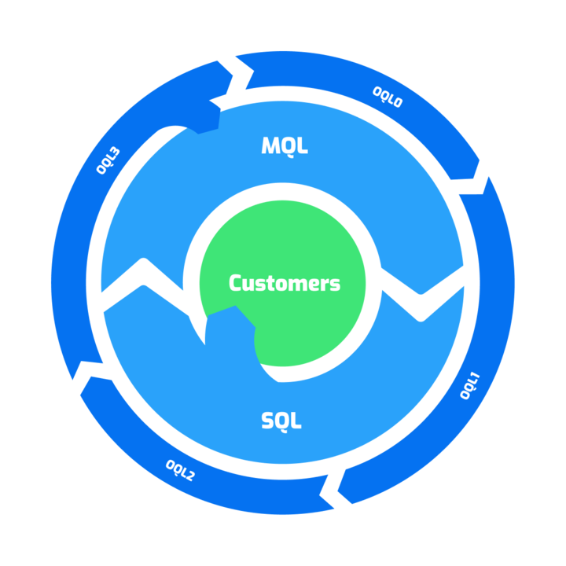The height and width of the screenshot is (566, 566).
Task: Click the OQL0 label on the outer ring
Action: click(x=387, y=97)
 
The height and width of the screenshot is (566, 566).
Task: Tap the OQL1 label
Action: click(x=470, y=386)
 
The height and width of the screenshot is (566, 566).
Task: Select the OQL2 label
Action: click(x=180, y=469)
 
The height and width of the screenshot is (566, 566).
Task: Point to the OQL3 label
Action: click(x=108, y=160)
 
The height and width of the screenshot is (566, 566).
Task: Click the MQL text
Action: click(x=284, y=145)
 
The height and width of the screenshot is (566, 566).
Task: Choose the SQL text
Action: click(x=281, y=421)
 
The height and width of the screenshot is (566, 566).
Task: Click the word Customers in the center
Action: click(x=285, y=283)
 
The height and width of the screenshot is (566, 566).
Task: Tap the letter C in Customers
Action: click(x=234, y=283)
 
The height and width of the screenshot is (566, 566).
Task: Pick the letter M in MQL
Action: click(x=269, y=145)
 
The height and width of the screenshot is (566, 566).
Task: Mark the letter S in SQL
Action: click(x=267, y=421)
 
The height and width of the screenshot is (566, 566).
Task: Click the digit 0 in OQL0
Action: click(x=398, y=102)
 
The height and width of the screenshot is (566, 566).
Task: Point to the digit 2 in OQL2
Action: click(x=189, y=476)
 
